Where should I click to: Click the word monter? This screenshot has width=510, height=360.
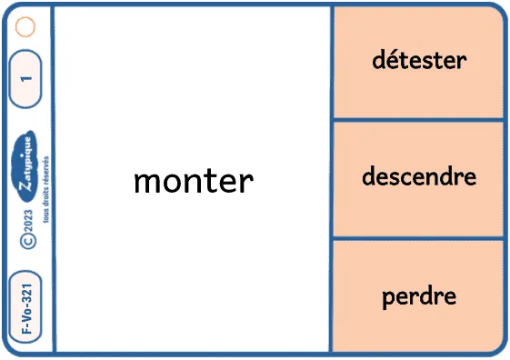pos(194,181)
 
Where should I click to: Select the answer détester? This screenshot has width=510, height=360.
pos(419,60)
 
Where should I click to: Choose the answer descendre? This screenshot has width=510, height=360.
pos(419,176)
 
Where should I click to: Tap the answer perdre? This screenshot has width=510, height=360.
pos(419,296)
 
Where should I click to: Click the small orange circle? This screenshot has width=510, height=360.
pos(25,26)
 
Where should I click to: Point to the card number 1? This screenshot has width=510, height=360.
pos(26,79)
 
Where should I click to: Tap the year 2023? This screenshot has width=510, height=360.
pos(28,222)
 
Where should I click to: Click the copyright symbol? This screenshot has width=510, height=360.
pos(28,242)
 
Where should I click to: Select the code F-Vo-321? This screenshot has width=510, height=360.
pos(26,308)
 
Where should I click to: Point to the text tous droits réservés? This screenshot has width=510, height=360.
pos(45,189)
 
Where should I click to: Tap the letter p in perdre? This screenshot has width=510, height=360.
pos(389,298)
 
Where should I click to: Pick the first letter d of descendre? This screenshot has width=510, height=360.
pos(369,176)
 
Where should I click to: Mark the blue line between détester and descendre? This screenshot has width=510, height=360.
pos(418,120)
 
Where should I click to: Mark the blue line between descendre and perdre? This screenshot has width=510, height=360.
pos(418,239)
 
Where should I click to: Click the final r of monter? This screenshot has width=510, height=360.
pos(248,184)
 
